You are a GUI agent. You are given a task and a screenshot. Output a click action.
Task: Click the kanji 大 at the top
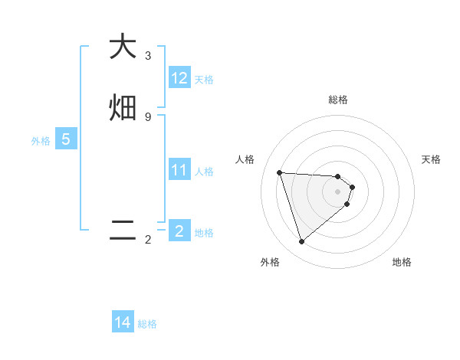pyautogui.click(x=123, y=47)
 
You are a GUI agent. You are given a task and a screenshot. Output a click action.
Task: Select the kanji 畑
pyautogui.click(x=123, y=108)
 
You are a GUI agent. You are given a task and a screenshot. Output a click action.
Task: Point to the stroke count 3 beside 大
pyautogui.click(x=148, y=55)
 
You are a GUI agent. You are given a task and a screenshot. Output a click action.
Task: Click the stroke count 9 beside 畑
pyautogui.click(x=148, y=116)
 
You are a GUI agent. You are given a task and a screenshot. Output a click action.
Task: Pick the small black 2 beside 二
pyautogui.click(x=148, y=240)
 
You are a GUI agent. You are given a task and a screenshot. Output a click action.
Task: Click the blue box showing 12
pyautogui.click(x=179, y=78)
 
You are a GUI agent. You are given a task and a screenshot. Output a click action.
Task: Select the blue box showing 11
pyautogui.click(x=179, y=170)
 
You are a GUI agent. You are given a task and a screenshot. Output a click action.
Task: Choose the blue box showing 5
pyautogui.click(x=66, y=139)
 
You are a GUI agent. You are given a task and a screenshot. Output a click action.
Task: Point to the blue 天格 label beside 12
pyautogui.click(x=204, y=80)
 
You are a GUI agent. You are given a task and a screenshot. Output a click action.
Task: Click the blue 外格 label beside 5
pyautogui.click(x=41, y=141)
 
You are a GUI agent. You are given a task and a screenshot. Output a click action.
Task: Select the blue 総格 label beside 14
pyautogui.click(x=147, y=324)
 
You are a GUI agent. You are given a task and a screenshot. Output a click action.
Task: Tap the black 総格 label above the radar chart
pyautogui.click(x=338, y=100)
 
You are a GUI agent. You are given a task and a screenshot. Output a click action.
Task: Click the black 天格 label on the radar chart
pyautogui.click(x=432, y=159)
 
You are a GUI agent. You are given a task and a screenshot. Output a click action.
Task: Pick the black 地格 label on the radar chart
pyautogui.click(x=402, y=262)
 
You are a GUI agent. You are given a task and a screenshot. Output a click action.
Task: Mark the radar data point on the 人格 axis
pyautogui.click(x=280, y=172)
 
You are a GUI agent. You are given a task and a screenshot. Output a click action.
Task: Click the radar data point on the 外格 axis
pyautogui.click(x=301, y=242)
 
